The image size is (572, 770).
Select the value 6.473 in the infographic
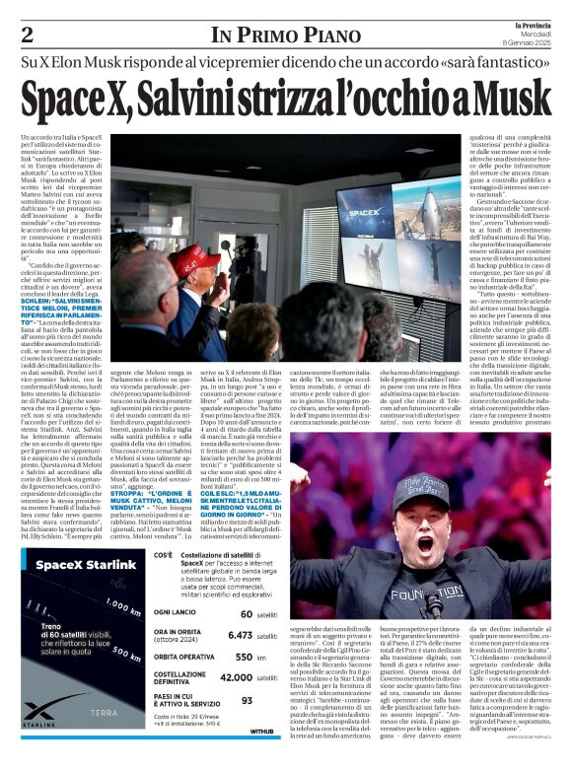click(x=241, y=636)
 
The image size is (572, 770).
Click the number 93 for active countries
click(x=247, y=700)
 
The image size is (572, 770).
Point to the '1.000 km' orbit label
click(x=124, y=606)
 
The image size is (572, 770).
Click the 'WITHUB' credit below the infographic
click(x=261, y=733)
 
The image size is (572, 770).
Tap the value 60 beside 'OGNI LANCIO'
click(x=247, y=613)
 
